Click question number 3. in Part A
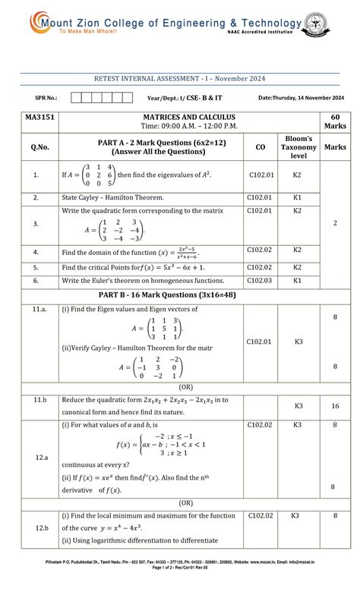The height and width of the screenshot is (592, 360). coord(35,225)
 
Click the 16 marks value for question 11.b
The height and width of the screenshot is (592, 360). coord(334,406)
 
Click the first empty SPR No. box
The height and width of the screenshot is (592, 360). coord(75,98)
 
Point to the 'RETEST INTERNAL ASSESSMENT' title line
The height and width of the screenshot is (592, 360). coord(180,79)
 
